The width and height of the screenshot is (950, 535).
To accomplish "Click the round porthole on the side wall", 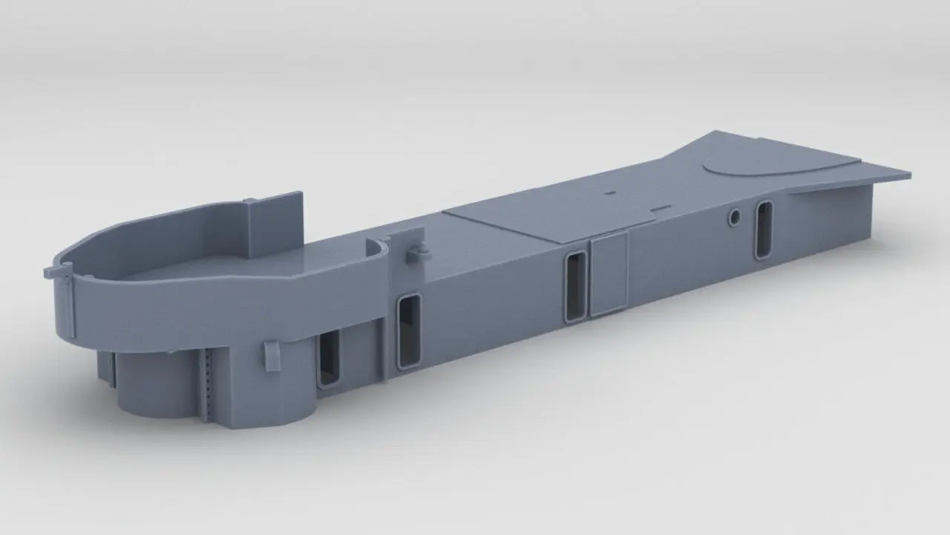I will [735, 217].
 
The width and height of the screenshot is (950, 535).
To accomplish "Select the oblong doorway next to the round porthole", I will [763, 230].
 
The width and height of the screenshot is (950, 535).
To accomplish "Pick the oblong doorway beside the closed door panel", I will [574, 287].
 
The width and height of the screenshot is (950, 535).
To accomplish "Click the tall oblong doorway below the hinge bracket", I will [409, 331].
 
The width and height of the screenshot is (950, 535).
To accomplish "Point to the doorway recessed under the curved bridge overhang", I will [329, 358].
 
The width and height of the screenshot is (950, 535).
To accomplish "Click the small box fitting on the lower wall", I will [271, 355].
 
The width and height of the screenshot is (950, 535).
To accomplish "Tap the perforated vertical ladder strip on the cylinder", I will [209, 383].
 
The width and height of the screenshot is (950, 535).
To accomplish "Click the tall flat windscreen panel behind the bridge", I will [276, 223].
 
